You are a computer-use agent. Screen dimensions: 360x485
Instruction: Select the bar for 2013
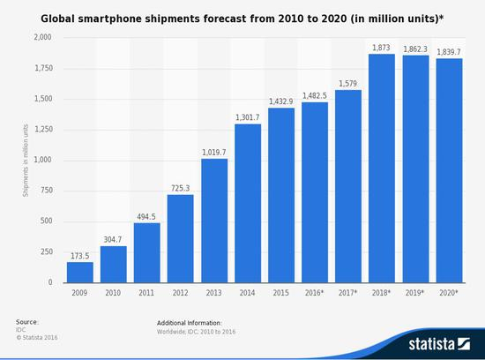214,221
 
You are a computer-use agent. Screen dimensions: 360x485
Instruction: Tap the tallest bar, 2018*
381,168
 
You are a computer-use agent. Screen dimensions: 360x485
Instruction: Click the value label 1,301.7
248,117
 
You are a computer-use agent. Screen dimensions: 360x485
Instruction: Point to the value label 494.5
147,216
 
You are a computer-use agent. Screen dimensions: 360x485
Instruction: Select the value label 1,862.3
414,49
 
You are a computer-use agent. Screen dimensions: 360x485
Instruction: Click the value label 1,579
348,83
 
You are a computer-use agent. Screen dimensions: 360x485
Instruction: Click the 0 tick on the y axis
50,282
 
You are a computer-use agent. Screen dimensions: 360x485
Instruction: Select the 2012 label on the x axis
181,293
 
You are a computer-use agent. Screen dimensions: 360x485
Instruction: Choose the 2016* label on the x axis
315,293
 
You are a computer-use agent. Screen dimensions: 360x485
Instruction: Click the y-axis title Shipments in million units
26,160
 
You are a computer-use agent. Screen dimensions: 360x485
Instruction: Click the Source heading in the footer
26,322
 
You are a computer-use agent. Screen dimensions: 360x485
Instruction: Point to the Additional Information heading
189,323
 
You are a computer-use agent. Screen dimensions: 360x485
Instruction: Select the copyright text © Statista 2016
38,337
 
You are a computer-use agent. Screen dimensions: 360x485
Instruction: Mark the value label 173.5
80,256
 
